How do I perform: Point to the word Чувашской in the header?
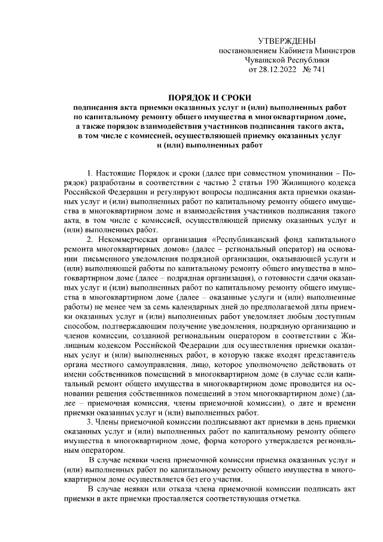click(x=267, y=60)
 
